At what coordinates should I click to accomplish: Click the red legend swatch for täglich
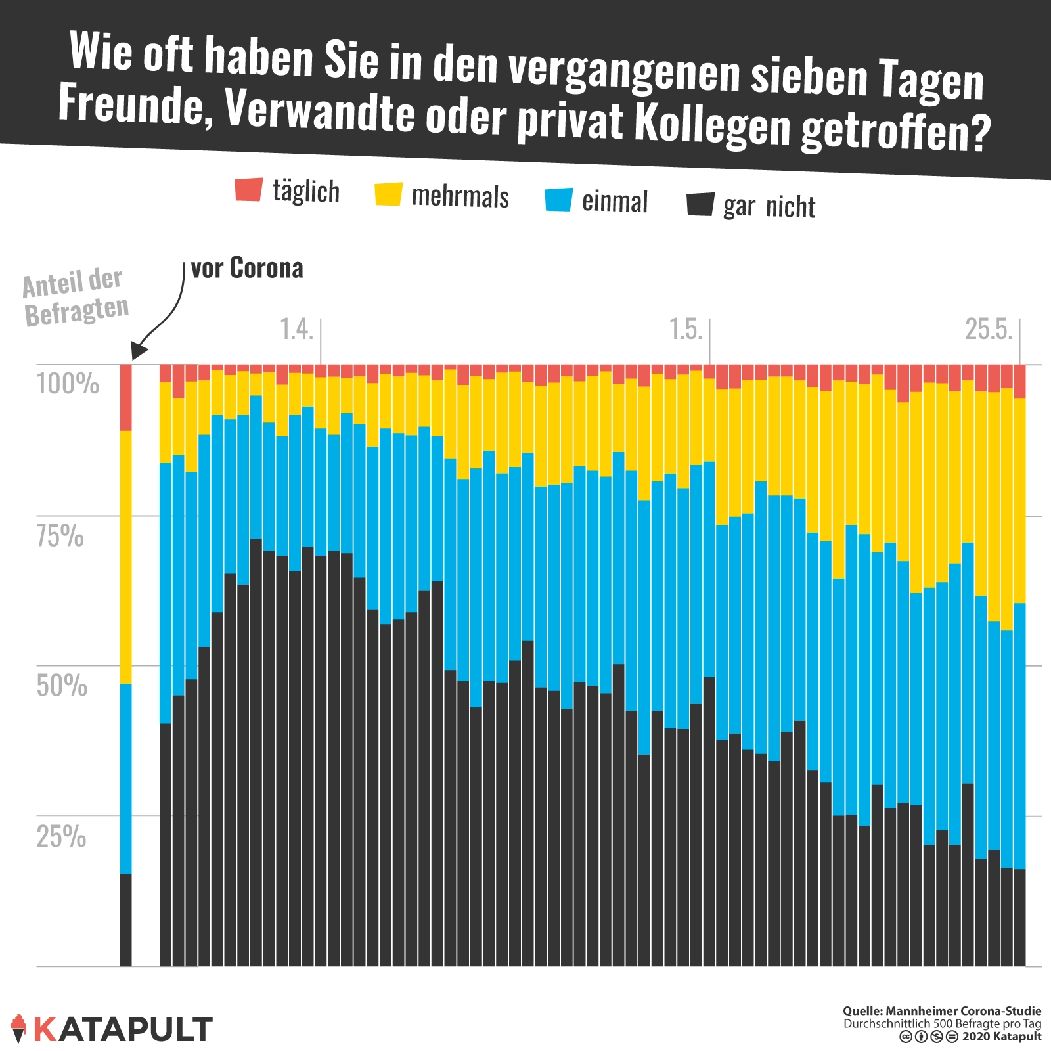click(x=249, y=189)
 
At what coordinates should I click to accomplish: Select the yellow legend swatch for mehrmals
click(x=388, y=194)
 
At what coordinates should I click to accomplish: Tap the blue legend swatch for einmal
click(x=559, y=200)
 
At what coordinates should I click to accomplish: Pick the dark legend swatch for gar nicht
click(x=700, y=204)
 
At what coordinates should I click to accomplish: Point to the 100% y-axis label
click(x=68, y=383)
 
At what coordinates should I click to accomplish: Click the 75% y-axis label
click(x=60, y=535)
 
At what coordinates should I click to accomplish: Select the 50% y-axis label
click(x=62, y=685)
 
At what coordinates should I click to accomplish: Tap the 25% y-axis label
click(x=61, y=836)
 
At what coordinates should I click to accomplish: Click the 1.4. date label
click(x=296, y=329)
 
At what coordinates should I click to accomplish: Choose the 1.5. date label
click(x=686, y=329)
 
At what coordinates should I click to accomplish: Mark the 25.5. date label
click(x=989, y=329)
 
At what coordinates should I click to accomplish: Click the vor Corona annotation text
click(x=247, y=268)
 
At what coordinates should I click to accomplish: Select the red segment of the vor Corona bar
click(x=125, y=397)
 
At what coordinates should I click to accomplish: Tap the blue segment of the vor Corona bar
click(x=125, y=778)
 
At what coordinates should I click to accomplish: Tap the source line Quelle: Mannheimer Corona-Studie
click(x=942, y=1011)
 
